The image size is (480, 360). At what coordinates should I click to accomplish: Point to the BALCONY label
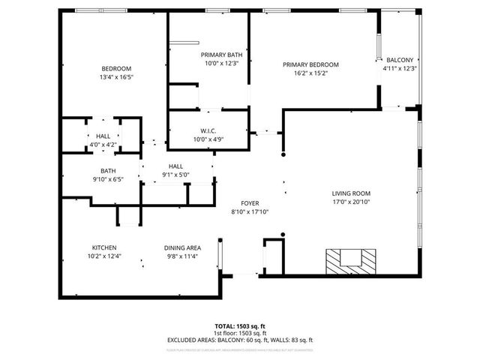pos(400,60)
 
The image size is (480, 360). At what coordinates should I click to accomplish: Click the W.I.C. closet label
pos(208,130)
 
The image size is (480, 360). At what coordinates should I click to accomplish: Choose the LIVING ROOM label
pos(351,193)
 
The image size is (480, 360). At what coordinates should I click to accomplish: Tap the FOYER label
pos(250,203)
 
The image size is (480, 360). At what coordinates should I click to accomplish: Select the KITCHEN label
pos(104,247)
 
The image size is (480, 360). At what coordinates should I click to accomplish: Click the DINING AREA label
pos(182,247)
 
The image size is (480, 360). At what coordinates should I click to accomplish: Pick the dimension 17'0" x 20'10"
pos(351,202)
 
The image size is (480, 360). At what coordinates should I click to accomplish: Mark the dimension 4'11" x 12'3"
pos(400,68)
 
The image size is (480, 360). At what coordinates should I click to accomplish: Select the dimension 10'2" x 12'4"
pos(104,256)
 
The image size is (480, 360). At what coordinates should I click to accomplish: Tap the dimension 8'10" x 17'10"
pos(250,212)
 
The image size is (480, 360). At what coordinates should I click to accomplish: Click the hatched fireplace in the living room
pos(349,260)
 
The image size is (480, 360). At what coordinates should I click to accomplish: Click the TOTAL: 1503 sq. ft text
pos(239,326)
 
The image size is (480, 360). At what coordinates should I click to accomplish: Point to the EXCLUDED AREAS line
pos(239,340)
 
